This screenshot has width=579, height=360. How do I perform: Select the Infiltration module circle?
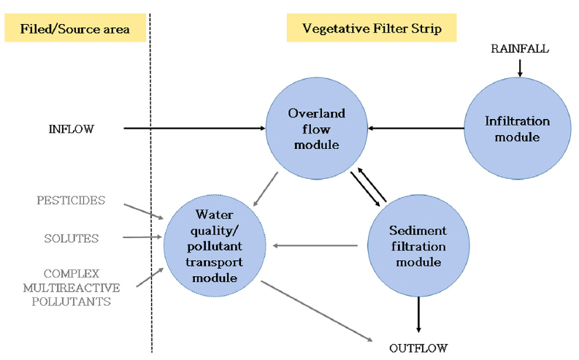click(517, 129)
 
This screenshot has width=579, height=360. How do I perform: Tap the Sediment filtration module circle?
click(417, 245)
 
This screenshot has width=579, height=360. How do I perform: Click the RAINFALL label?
click(519, 48)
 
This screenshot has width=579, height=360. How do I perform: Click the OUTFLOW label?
click(418, 347)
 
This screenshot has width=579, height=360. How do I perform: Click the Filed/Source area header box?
click(75, 30)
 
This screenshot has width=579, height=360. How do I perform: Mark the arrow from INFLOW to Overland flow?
click(193, 129)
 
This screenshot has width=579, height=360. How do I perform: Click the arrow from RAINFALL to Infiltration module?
click(519, 66)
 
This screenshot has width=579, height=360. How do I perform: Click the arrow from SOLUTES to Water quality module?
click(142, 237)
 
